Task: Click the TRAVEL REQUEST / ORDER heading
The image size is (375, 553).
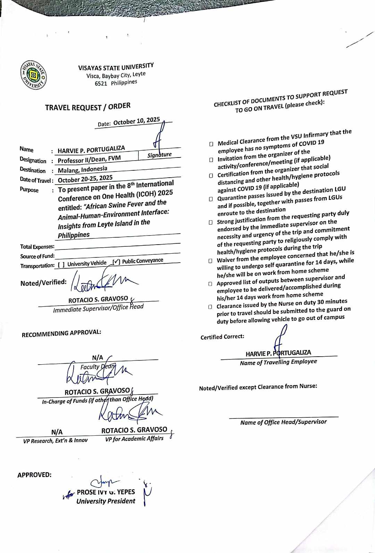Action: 87,107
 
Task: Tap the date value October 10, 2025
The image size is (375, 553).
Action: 136,121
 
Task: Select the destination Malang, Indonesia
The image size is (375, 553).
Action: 82,169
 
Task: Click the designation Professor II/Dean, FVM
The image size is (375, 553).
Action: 89,159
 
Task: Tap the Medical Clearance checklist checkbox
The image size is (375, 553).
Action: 211,144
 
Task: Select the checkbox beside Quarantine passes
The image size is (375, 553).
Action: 211,199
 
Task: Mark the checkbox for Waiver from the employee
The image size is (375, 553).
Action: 210,261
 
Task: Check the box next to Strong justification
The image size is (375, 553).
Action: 210,222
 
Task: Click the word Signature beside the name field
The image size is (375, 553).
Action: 159,155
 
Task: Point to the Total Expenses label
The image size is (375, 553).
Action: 37,247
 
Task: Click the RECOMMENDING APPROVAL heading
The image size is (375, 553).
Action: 61,333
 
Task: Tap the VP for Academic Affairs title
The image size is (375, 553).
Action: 134,439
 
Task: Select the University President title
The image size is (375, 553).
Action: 106,501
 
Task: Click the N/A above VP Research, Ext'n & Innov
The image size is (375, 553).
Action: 57,432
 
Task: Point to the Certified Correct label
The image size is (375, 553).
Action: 222,337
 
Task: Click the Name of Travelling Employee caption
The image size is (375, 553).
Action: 278,362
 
